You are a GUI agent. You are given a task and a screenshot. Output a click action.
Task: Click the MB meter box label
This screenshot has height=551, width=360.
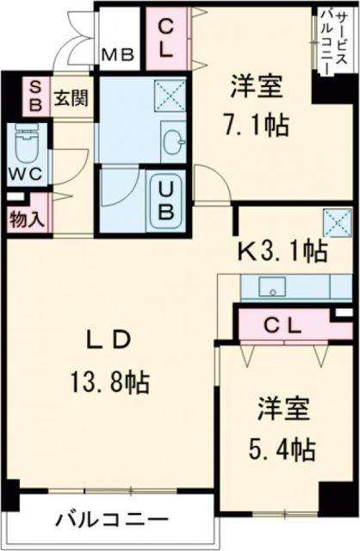point(118,57)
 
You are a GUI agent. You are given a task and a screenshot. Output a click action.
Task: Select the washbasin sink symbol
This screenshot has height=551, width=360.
point(173,141)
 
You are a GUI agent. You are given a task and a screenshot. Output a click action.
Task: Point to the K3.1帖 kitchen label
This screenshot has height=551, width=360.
point(282,251)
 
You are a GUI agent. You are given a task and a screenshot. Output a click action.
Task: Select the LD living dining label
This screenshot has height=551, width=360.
point(111,339)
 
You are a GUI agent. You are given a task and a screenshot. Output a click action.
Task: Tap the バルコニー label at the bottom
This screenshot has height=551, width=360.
point(113,521)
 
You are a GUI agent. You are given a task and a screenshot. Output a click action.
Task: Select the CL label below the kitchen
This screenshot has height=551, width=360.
point(282,325)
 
